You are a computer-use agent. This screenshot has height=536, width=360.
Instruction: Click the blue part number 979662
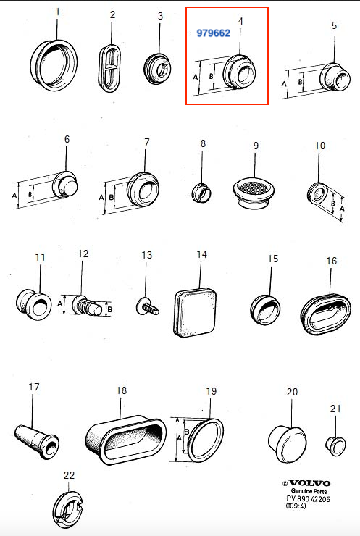tap(214, 33)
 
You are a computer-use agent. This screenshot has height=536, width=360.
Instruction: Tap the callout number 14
tap(201, 254)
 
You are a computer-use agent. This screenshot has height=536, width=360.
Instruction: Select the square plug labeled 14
tap(195, 312)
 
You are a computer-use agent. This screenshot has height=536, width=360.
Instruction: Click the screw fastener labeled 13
tap(147, 306)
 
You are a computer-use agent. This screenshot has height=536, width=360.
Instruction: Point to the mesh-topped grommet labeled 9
tap(254, 193)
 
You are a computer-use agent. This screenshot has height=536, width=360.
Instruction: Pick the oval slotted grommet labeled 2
tap(110, 68)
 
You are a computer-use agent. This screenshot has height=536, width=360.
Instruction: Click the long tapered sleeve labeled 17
tap(37, 440)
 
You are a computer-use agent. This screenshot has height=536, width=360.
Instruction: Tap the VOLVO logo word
tap(309, 483)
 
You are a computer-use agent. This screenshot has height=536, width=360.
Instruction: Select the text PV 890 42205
tap(308, 499)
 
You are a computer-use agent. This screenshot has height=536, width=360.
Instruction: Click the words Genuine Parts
tap(309, 491)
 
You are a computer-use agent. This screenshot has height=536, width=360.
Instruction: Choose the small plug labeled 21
tap(335, 445)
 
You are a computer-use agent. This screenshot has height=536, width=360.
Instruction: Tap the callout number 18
tap(122, 390)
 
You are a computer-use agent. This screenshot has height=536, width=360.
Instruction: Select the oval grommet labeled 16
tap(326, 314)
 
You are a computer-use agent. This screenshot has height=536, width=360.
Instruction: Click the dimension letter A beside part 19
tap(179, 438)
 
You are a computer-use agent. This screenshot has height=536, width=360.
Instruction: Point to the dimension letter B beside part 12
tap(110, 310)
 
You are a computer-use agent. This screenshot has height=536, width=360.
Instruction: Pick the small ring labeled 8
tap(201, 193)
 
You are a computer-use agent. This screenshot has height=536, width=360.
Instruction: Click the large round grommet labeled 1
tap(54, 65)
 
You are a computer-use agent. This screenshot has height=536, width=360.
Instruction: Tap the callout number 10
tap(319, 146)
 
